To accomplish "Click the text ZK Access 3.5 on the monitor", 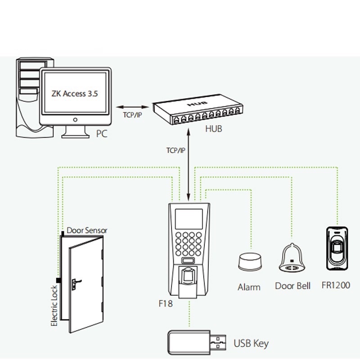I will point(75,94).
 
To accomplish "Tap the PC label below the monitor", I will point(102,134).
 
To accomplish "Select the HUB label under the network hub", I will point(213,129).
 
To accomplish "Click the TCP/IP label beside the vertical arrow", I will point(175,150).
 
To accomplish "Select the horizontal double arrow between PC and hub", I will point(132,107).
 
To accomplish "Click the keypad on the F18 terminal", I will point(188,244).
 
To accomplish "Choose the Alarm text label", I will point(249,287).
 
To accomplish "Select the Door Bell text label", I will point(292,286).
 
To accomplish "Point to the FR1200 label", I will point(336,285).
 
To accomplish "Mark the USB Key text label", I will point(251,344).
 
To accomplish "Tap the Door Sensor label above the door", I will point(87,230).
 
